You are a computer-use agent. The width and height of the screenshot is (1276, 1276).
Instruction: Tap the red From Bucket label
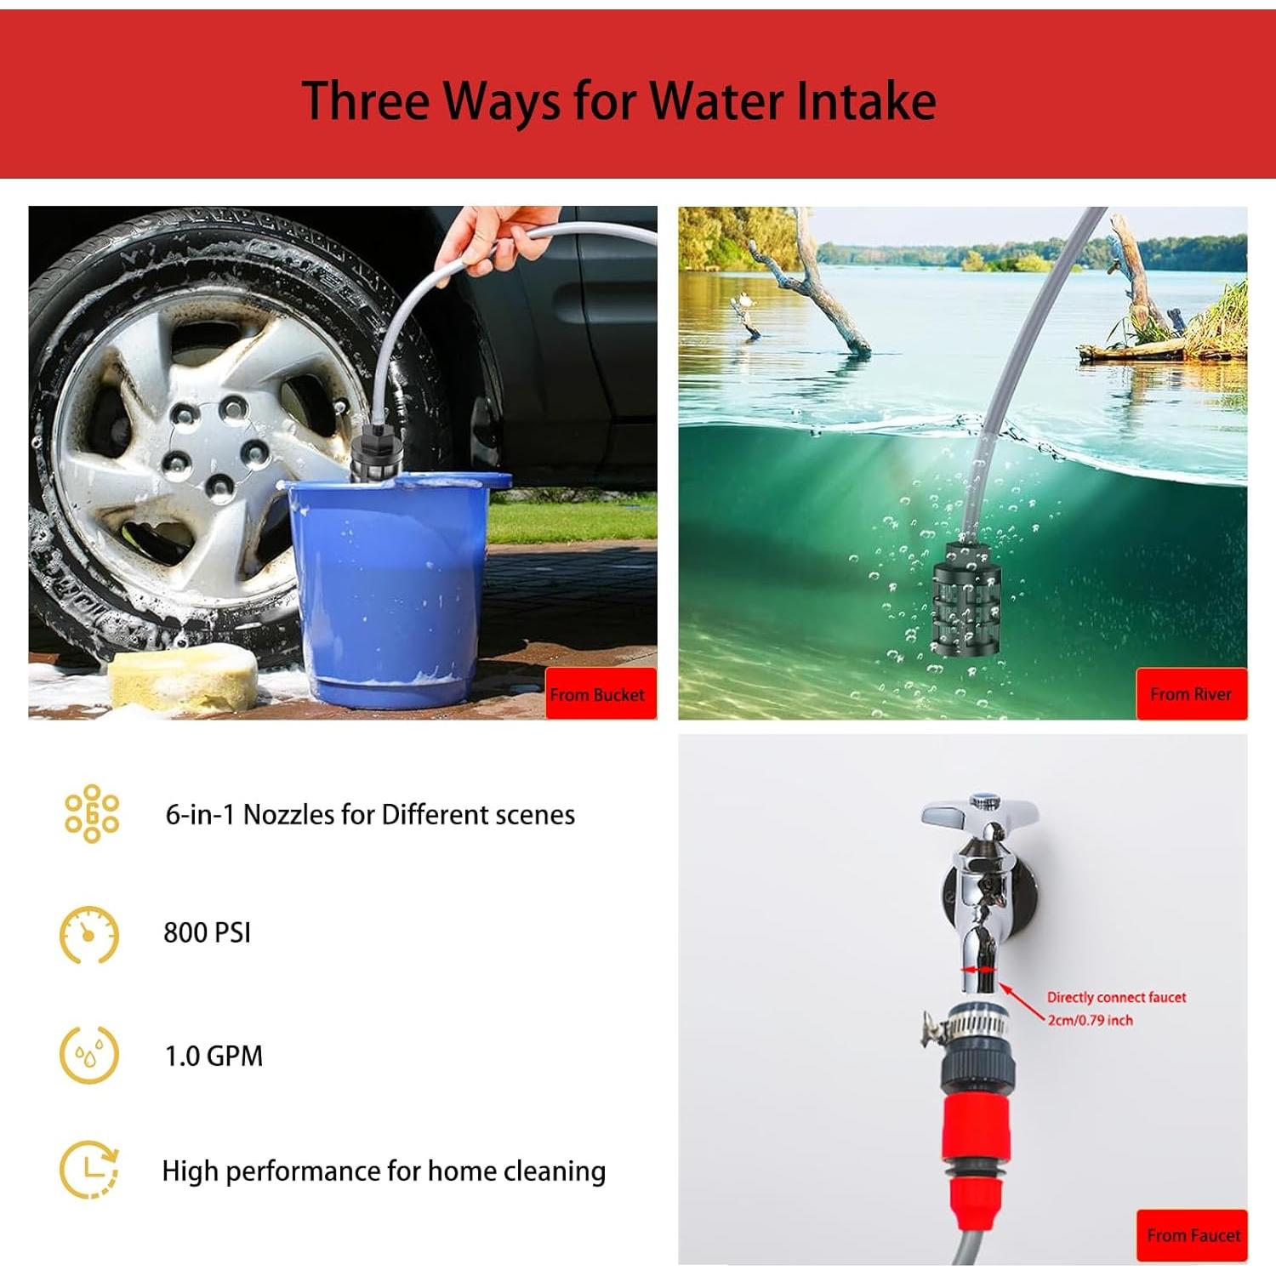[598, 694]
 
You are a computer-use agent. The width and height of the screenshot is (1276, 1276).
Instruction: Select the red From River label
[1190, 694]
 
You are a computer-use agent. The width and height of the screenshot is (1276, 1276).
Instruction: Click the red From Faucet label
[1192, 1235]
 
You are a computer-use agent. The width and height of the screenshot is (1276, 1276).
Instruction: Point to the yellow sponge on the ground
[184, 679]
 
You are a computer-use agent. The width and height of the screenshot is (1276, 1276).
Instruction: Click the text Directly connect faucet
[1116, 997]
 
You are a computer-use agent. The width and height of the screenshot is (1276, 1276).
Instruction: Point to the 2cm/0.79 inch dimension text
[1090, 1020]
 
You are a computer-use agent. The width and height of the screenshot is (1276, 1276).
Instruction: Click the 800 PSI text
[207, 932]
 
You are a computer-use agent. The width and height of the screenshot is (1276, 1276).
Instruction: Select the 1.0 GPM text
[214, 1056]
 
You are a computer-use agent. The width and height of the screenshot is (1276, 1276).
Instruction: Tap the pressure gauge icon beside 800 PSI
[89, 935]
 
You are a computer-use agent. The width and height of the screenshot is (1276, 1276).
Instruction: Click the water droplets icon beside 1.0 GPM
[89, 1056]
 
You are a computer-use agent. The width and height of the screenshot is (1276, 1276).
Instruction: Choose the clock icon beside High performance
[89, 1171]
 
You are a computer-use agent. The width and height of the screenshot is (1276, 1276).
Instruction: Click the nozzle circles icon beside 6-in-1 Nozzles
[92, 814]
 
